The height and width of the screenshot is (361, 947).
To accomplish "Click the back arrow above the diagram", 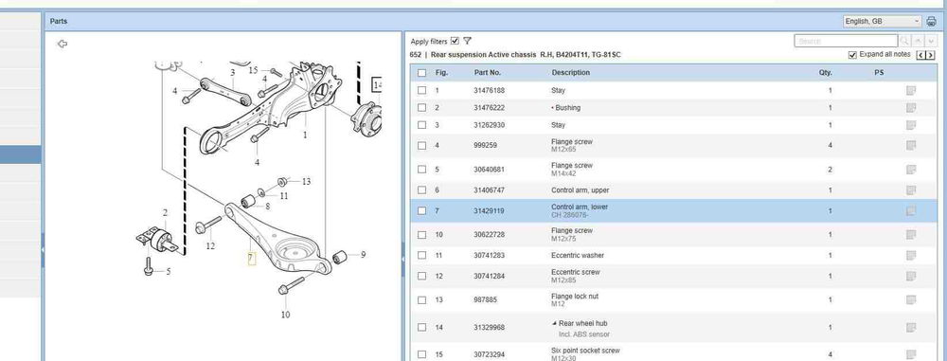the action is click(62, 44).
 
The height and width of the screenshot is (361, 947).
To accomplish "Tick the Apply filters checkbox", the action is click(455, 41).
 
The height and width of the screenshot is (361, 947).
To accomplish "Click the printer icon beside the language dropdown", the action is click(931, 22).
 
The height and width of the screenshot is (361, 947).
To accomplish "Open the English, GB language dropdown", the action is click(883, 21).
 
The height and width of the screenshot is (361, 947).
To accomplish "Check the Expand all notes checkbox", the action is click(852, 55).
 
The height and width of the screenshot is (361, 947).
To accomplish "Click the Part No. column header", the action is click(488, 73).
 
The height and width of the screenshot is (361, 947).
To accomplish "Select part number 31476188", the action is click(490, 91).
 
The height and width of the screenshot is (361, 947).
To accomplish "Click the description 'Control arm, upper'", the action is click(580, 190).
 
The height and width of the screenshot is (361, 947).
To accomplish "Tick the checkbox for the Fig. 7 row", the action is click(421, 211).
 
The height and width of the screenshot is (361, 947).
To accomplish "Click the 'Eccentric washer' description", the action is click(578, 255).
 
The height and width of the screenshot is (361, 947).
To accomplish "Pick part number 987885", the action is click(486, 300).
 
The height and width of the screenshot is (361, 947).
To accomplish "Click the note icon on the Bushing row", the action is click(911, 108).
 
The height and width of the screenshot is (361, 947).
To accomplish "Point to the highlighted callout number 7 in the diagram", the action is click(251, 259).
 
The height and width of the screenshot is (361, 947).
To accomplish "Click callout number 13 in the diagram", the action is click(306, 181).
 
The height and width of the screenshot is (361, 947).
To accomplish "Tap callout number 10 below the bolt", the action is click(285, 315).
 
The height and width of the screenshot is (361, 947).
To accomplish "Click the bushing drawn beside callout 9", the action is click(339, 257).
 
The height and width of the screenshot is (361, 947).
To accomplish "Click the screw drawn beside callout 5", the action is click(148, 266).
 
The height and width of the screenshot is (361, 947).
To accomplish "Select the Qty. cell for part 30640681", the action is click(830, 170).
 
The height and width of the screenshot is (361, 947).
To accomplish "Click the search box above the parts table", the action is click(846, 41).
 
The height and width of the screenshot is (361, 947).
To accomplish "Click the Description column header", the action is click(571, 73).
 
